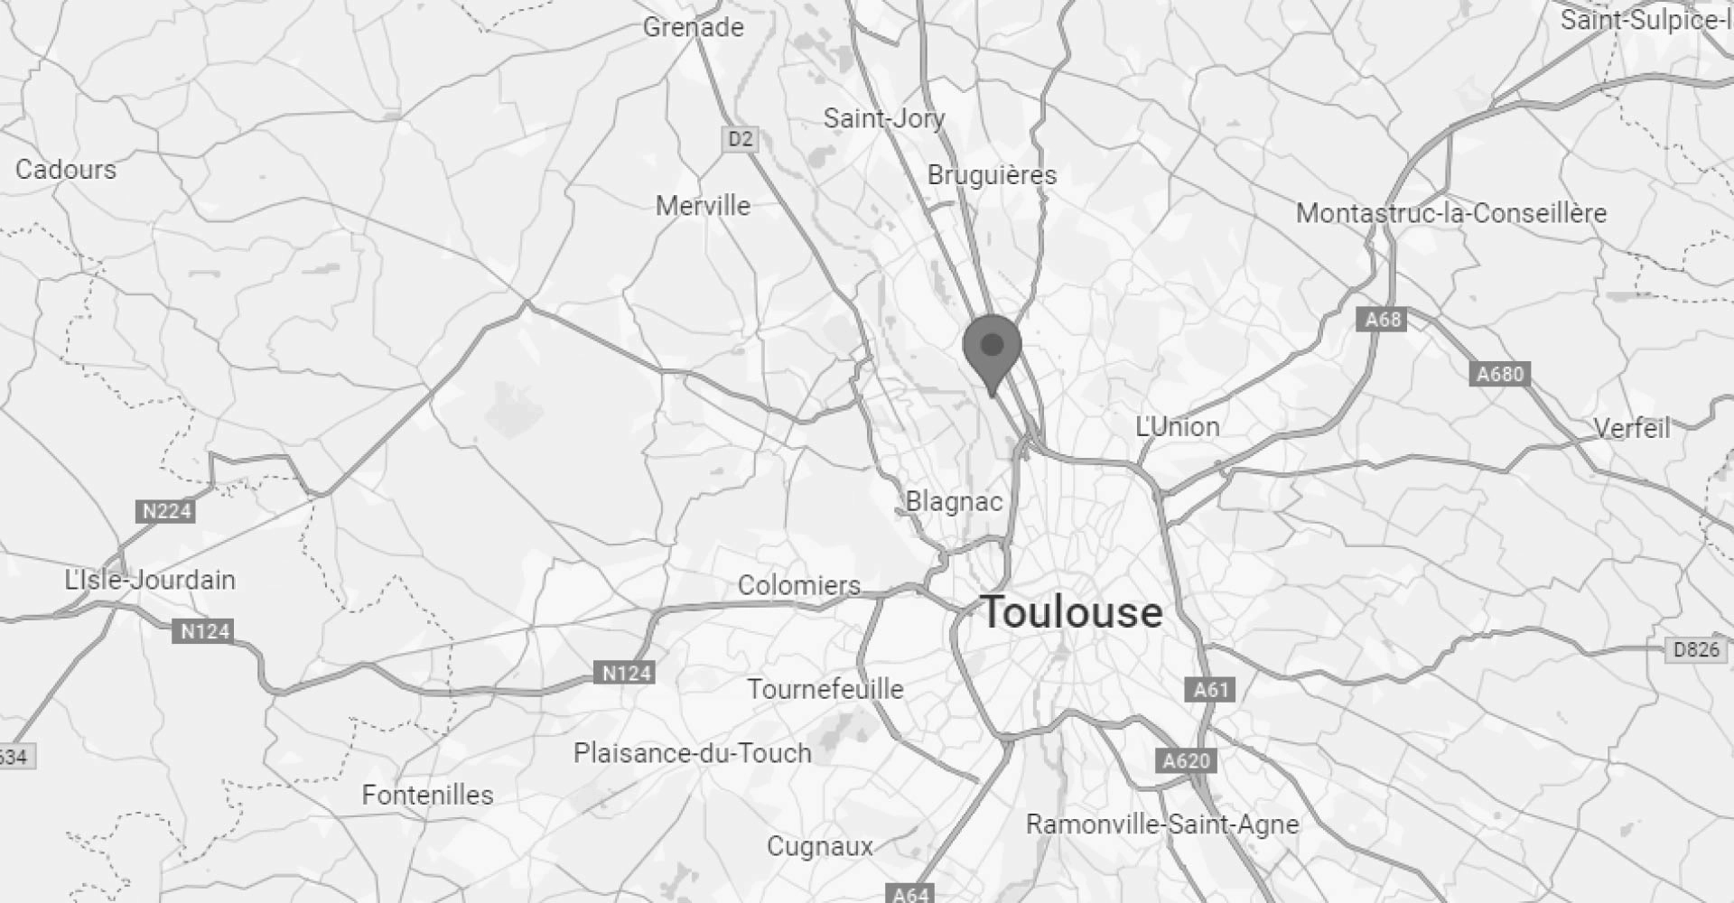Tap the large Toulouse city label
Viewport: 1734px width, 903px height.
tap(1072, 612)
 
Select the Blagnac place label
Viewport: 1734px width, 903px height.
tap(954, 501)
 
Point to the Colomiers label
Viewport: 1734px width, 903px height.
tap(799, 585)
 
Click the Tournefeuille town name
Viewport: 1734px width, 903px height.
tap(825, 689)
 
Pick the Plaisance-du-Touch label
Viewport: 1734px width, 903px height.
tap(693, 753)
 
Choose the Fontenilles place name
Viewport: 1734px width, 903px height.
tap(428, 795)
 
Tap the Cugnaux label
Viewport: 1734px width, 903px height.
tap(820, 846)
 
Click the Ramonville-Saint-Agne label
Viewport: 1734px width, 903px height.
tap(1162, 824)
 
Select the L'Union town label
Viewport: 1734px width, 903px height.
tap(1178, 426)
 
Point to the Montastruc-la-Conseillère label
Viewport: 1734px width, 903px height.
tap(1451, 213)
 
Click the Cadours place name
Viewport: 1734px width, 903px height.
tap(66, 169)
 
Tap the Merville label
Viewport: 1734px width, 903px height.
tap(703, 205)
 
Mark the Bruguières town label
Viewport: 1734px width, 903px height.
tap(992, 174)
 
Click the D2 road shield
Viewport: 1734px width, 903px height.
tap(740, 139)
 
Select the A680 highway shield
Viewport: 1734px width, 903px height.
tap(1500, 373)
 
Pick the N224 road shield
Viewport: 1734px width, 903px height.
tap(167, 511)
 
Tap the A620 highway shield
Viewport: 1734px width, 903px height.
tap(1186, 761)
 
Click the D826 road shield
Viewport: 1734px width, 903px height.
tap(1696, 649)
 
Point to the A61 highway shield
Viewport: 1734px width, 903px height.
tap(1210, 690)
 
